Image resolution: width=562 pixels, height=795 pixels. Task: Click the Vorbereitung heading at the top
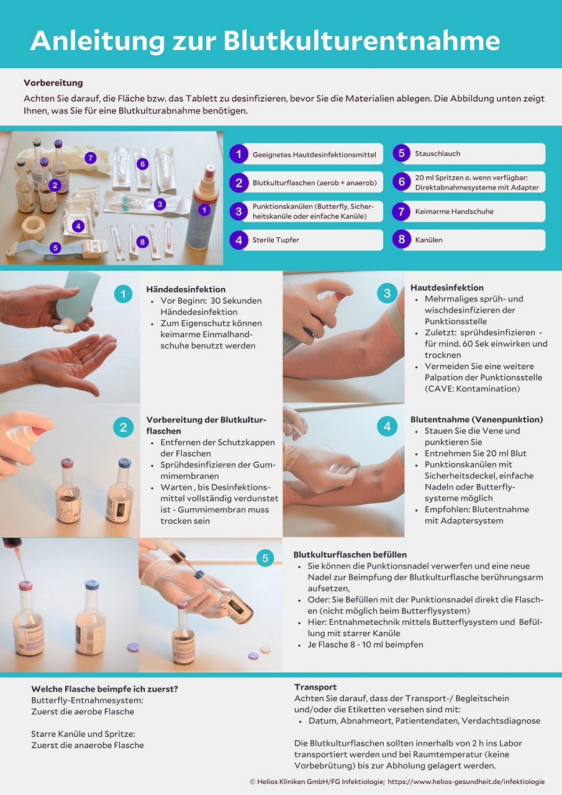(53, 83)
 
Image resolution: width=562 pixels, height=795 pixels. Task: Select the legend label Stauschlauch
(437, 153)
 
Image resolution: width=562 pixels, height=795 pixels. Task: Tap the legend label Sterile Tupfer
(275, 240)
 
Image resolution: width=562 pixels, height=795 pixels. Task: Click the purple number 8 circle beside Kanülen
(401, 240)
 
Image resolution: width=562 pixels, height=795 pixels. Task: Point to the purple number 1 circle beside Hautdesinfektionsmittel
(238, 154)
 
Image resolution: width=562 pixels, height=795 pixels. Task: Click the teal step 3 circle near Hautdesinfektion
(387, 293)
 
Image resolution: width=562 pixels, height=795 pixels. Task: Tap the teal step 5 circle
(265, 558)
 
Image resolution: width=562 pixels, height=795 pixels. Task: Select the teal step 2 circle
(123, 427)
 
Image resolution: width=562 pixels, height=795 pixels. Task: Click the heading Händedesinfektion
(186, 289)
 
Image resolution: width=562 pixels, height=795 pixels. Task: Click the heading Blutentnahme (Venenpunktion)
(476, 419)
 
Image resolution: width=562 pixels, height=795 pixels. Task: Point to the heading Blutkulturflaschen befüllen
(350, 555)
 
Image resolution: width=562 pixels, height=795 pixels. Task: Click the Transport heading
(315, 687)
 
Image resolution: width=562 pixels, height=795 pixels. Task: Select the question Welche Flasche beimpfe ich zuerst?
(105, 689)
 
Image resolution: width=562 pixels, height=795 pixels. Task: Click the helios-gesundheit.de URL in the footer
(466, 781)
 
